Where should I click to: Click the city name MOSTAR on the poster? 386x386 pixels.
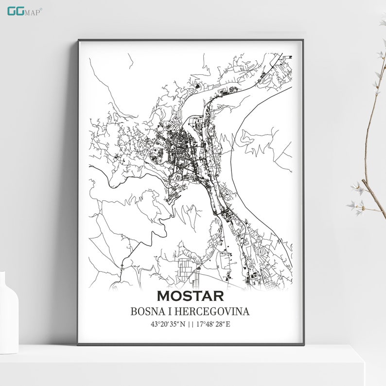click(x=190, y=296)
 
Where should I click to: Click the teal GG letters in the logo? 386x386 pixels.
click(x=14, y=11)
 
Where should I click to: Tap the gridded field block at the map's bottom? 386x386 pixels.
click(x=186, y=270)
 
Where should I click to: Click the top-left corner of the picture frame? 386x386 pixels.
click(x=78, y=40)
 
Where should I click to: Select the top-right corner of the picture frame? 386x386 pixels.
click(x=303, y=40)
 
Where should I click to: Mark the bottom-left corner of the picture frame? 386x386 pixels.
click(x=78, y=344)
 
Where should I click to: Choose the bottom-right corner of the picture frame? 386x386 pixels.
click(x=303, y=344)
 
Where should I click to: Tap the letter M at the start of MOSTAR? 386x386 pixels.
click(x=164, y=296)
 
